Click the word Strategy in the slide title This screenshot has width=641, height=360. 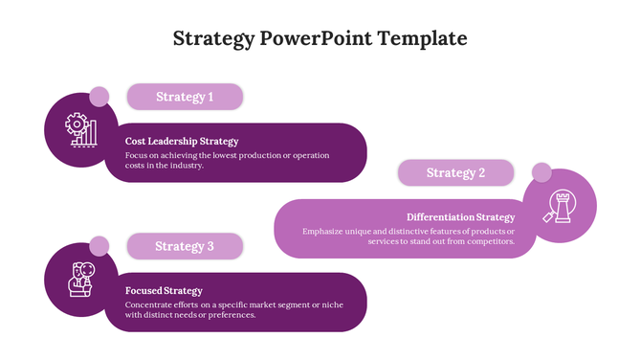[213, 39]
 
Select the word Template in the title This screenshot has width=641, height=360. [423, 39]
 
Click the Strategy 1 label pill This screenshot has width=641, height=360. [185, 97]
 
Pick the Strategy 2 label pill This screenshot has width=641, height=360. [455, 173]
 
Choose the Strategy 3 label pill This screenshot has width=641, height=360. [185, 247]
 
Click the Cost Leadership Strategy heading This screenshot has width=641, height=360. [182, 142]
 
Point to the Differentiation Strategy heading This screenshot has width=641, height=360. [461, 217]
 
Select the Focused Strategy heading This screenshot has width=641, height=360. [164, 291]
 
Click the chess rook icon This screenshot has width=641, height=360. [560, 206]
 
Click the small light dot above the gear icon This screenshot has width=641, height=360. [99, 97]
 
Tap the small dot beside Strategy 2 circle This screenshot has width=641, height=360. [542, 173]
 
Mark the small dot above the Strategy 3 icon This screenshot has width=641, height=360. [99, 246]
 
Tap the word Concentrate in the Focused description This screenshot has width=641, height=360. [150, 304]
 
